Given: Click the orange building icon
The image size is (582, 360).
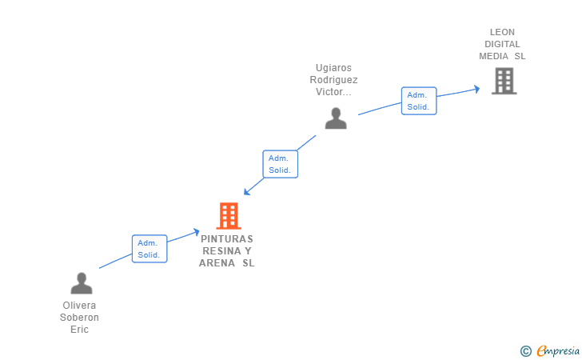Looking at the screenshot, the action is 229,216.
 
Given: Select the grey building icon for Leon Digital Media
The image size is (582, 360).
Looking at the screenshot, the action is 504,81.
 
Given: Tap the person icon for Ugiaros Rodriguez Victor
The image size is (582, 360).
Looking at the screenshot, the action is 336,118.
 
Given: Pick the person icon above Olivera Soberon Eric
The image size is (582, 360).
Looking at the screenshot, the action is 82,283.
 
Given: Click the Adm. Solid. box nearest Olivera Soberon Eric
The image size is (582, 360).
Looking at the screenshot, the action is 149,249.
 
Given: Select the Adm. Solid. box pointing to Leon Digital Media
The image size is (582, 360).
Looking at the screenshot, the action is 419,101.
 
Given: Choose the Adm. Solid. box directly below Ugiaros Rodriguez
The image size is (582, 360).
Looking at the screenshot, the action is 281,164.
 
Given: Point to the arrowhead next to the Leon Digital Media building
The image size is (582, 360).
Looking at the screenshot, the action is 476,89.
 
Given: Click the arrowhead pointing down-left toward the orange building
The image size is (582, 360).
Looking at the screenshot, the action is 247,191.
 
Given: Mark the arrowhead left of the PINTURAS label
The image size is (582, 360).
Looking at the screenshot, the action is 196,232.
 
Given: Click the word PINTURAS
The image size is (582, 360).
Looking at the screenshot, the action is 227,239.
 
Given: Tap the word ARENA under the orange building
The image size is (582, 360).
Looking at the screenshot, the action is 217,263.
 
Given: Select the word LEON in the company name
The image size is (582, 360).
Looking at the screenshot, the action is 502,32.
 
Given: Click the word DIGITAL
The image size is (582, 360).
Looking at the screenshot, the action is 502,44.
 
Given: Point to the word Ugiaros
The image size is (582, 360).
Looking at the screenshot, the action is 333,68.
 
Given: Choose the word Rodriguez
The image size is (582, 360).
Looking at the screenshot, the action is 333,80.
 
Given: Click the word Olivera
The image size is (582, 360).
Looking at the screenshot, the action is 79,306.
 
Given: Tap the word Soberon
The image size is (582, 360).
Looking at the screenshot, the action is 79,318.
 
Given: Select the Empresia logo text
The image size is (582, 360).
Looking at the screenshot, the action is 558,350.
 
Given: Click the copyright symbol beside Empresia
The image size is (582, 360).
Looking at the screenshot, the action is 525,351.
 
